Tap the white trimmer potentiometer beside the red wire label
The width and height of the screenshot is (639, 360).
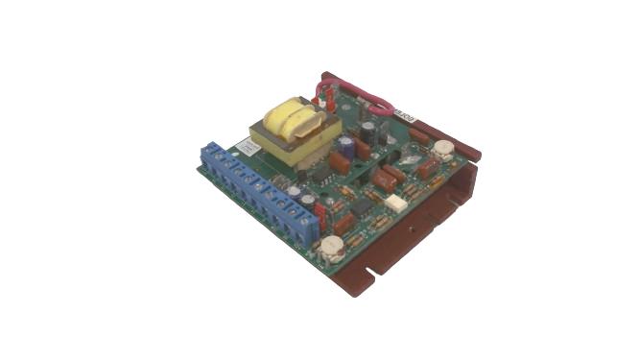click(x=442, y=149)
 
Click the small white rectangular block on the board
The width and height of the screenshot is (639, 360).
click(x=394, y=204)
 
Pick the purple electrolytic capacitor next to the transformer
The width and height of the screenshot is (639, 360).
click(x=343, y=143)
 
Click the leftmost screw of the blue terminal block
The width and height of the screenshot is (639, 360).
click(x=213, y=153)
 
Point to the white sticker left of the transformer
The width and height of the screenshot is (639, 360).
click(x=246, y=147)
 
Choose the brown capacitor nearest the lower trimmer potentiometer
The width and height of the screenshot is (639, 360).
click(x=345, y=226)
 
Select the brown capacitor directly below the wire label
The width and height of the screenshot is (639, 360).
click(x=419, y=135)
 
